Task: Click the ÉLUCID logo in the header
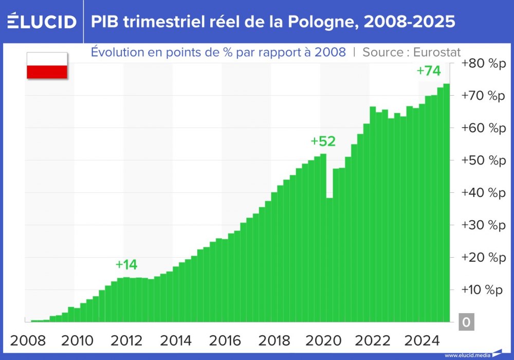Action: pos(42,22)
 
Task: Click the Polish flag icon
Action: pos(47,65)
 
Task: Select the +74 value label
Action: pos(429,71)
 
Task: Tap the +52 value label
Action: pos(323,141)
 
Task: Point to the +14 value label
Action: pos(126,265)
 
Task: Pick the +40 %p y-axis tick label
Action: pos(484,193)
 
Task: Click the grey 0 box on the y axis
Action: pos(466,322)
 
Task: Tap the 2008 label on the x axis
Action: pos(28,340)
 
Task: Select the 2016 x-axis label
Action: pos(225,340)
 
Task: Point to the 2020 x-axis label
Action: pos(323,340)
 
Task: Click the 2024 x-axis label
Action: pos(421,340)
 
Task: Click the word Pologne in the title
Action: pos(311,22)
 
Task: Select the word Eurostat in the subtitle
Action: pos(436,52)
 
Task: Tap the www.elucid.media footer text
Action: pos(466,355)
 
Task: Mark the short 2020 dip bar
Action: pos(329,260)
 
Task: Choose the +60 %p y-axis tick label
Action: pos(484,128)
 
